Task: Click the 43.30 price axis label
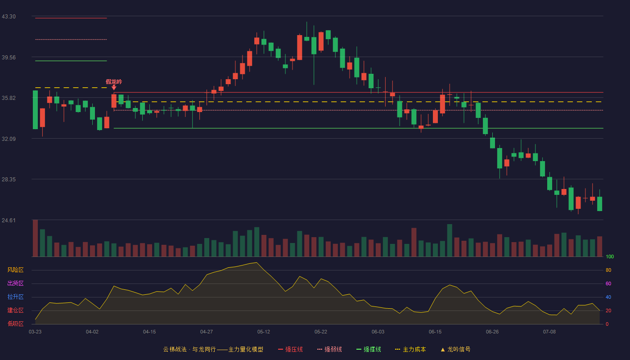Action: tap(9, 17)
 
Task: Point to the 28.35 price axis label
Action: tap(9, 180)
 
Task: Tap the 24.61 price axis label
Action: tap(9, 220)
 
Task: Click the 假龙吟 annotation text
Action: tap(114, 82)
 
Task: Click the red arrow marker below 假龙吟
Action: tap(114, 87)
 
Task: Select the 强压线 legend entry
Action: tap(291, 349)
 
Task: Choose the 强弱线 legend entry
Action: tap(329, 349)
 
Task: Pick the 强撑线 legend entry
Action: tap(369, 349)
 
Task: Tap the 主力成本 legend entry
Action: tap(410, 349)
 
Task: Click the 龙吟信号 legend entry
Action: tap(455, 349)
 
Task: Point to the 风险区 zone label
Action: tap(15, 270)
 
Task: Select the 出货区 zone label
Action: tap(15, 283)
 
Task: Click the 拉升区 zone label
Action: tap(15, 297)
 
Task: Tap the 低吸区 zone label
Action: tap(15, 324)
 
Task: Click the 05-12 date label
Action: tap(264, 332)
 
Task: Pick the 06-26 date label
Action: tap(492, 332)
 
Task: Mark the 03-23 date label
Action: tap(35, 332)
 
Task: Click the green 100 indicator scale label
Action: tap(610, 256)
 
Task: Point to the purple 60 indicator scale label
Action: tap(608, 283)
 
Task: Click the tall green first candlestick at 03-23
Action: tap(35, 110)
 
